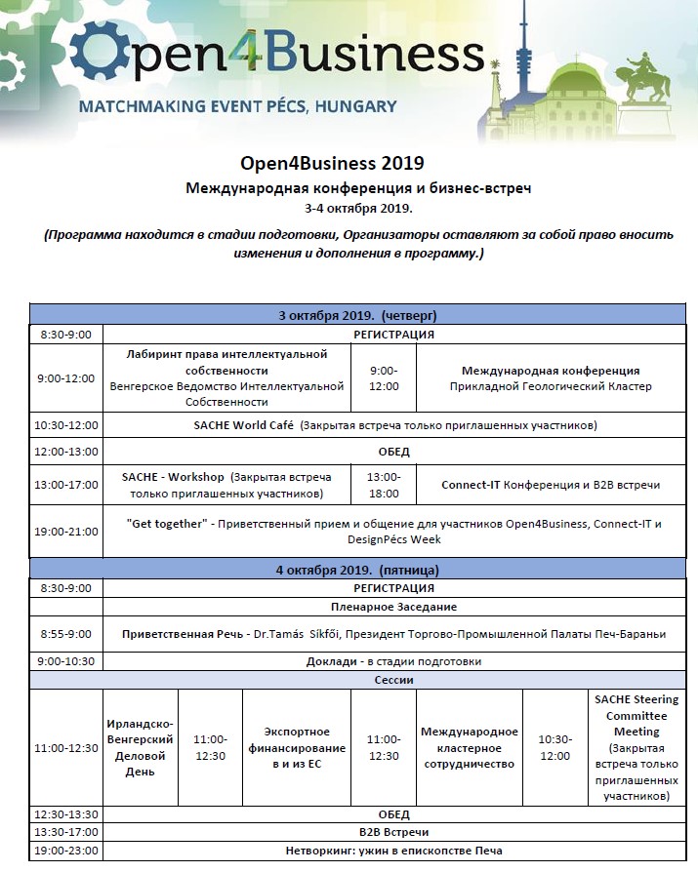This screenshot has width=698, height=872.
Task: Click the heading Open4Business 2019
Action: pyautogui.click(x=332, y=162)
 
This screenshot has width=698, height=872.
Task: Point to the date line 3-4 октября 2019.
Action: pyautogui.click(x=358, y=207)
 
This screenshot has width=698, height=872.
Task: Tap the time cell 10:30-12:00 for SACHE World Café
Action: pyautogui.click(x=65, y=425)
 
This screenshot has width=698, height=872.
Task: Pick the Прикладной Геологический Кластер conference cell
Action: pyautogui.click(x=551, y=378)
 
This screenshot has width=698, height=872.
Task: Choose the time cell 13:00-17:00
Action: pyautogui.click(x=65, y=485)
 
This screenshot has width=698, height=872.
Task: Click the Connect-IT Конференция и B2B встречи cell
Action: pyautogui.click(x=551, y=485)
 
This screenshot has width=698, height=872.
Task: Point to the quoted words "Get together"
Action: pyautogui.click(x=168, y=524)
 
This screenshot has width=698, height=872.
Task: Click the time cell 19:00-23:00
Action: pyautogui.click(x=65, y=851)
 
